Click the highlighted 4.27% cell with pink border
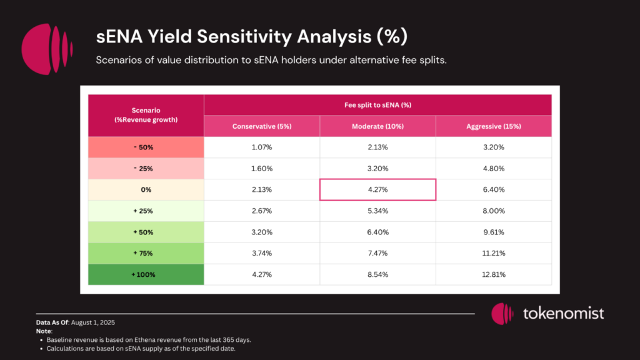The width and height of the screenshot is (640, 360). click(377, 189)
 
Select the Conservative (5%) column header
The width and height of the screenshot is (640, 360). click(262, 126)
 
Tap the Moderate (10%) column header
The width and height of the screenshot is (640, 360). click(377, 126)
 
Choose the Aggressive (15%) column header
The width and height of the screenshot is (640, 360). click(494, 126)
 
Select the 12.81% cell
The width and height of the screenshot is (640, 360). click(494, 274)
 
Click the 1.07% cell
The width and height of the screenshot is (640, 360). click(262, 147)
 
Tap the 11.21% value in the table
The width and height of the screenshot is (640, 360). click(494, 253)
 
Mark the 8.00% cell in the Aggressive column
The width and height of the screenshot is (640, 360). click(494, 211)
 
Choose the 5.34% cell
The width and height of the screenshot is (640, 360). click(377, 211)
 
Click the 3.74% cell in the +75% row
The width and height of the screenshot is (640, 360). click(262, 253)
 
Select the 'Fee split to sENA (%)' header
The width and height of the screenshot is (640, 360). click(377, 105)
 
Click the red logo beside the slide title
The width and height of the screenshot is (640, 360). click(47, 49)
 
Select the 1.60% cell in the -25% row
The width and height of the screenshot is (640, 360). click(262, 169)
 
